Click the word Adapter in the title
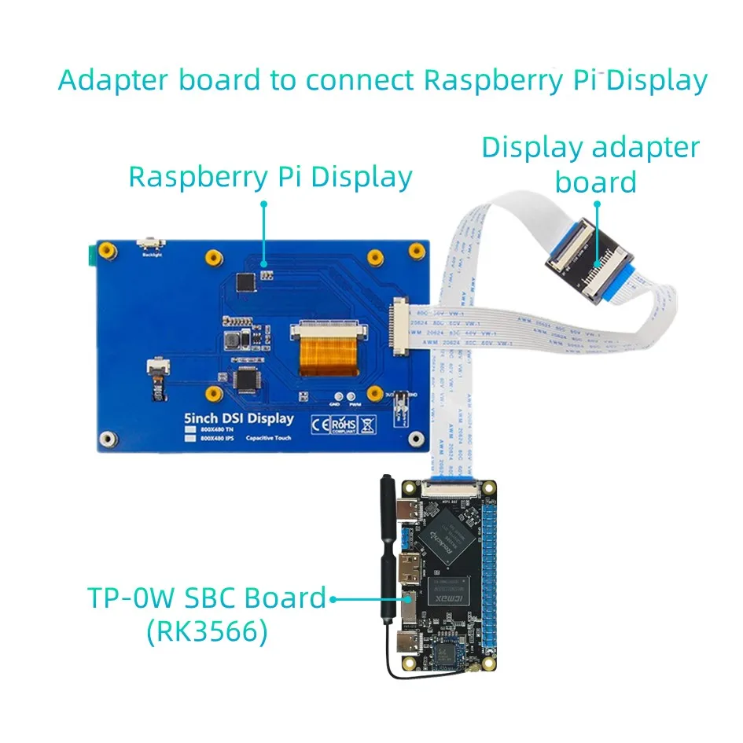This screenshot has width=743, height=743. pyautogui.click(x=116, y=80)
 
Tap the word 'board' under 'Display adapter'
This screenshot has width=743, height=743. pyautogui.click(x=595, y=182)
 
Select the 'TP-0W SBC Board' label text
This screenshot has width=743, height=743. pyautogui.click(x=206, y=598)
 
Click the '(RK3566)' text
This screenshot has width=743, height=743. pyautogui.click(x=206, y=632)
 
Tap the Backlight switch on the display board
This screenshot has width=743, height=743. pyautogui.click(x=146, y=245)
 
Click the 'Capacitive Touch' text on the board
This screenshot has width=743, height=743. pyautogui.click(x=268, y=438)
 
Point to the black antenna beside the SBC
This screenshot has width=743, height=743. pyautogui.click(x=387, y=550)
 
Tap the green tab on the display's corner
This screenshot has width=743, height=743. pyautogui.click(x=90, y=252)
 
